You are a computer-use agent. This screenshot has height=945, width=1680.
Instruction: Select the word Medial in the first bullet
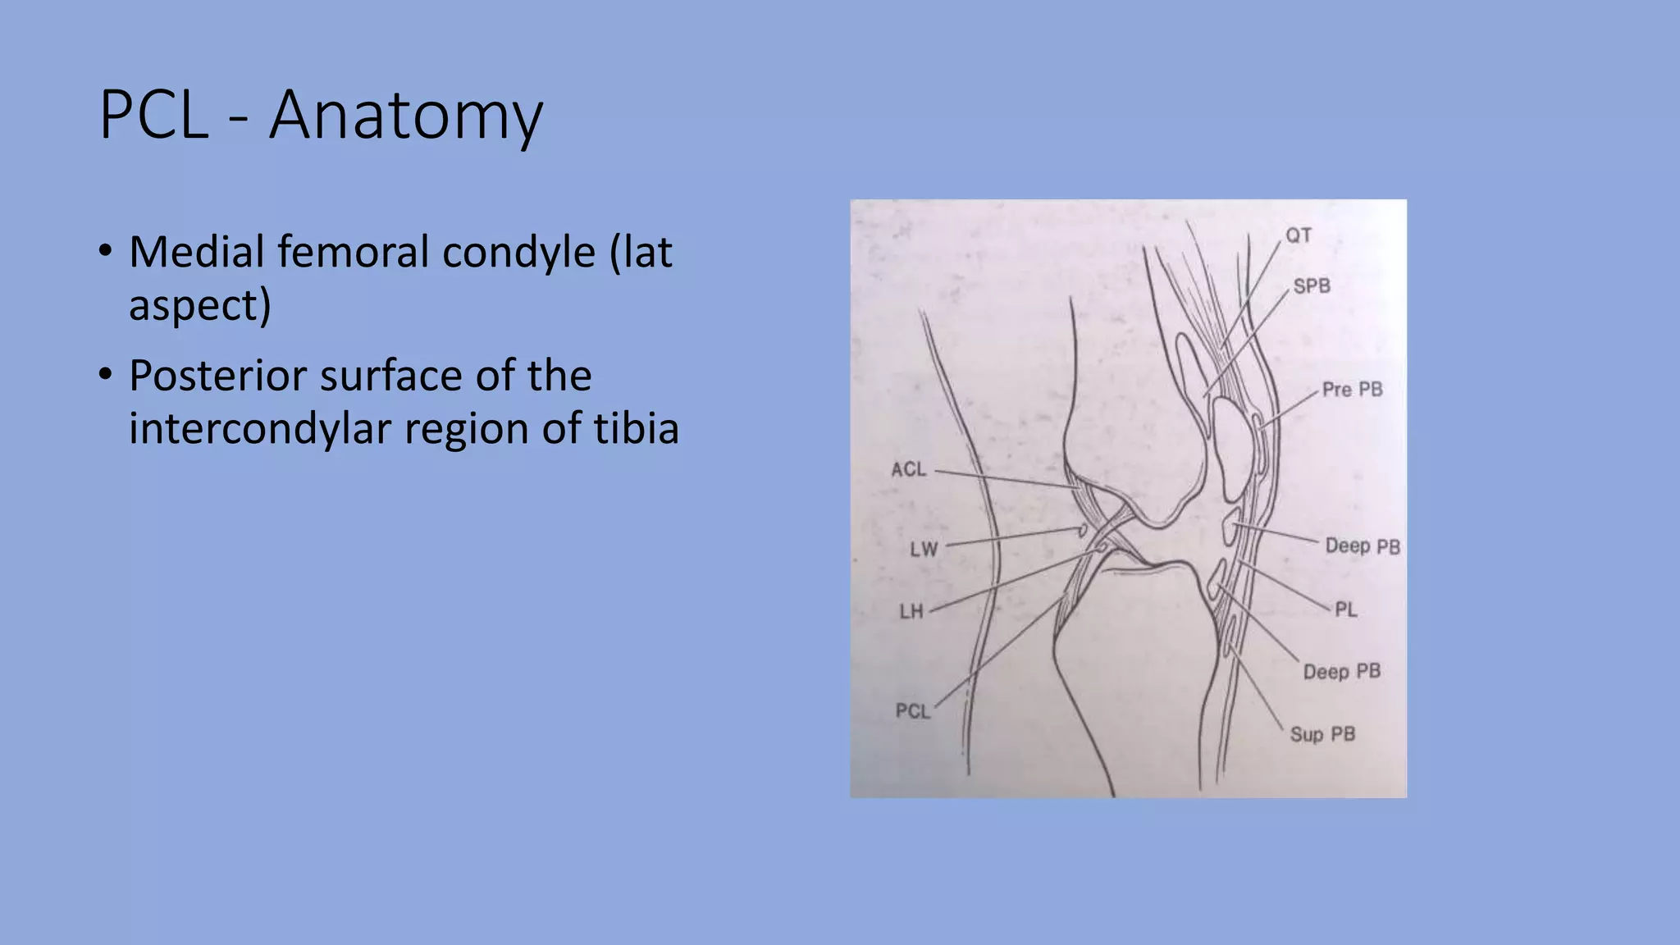(x=196, y=252)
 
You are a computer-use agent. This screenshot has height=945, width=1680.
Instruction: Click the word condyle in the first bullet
(x=518, y=252)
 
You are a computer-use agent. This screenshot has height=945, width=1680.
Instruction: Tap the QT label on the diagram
(x=1298, y=236)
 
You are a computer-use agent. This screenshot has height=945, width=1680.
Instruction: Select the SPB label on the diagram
(x=1311, y=286)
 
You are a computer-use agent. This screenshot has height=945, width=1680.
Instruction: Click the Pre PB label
(x=1352, y=390)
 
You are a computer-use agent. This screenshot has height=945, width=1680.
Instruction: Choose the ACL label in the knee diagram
(x=908, y=469)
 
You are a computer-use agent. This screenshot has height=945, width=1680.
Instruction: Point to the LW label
(x=924, y=549)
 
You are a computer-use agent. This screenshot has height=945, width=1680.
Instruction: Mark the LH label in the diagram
(x=911, y=611)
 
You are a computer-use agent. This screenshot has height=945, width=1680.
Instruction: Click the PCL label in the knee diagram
(x=913, y=710)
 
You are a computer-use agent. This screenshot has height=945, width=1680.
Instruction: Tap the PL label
(x=1345, y=609)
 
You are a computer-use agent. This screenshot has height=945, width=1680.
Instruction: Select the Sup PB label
(x=1322, y=734)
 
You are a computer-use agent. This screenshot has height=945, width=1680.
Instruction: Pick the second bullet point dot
(x=105, y=375)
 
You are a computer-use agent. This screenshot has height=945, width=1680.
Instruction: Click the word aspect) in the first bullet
(x=199, y=305)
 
